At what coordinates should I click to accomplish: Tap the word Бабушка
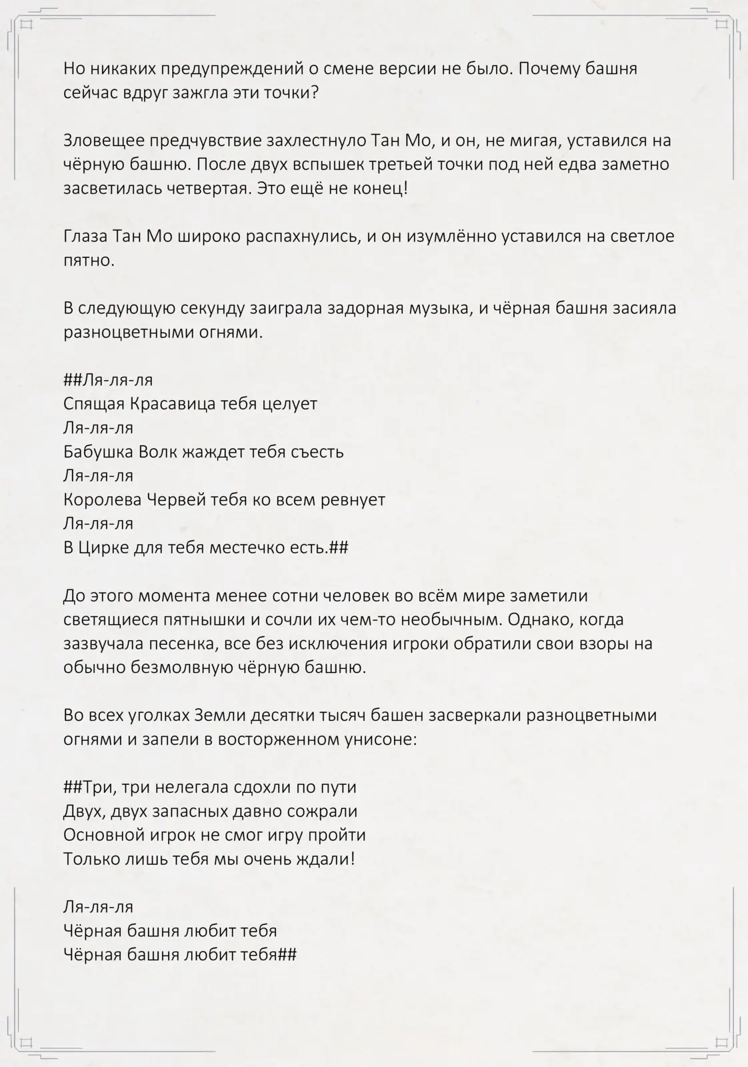point(98,452)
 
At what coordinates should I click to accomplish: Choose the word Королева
point(102,500)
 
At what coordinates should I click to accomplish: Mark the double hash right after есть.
point(339,548)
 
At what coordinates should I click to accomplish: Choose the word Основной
point(101,835)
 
